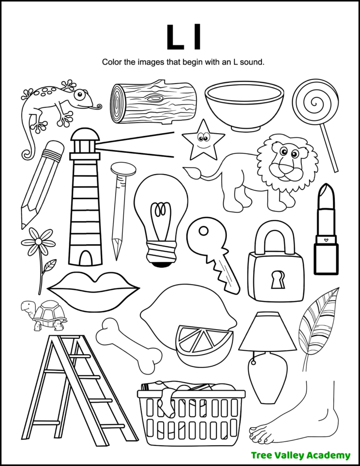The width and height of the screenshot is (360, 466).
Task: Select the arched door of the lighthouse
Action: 85,257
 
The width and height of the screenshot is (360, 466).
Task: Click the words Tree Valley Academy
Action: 300,455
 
